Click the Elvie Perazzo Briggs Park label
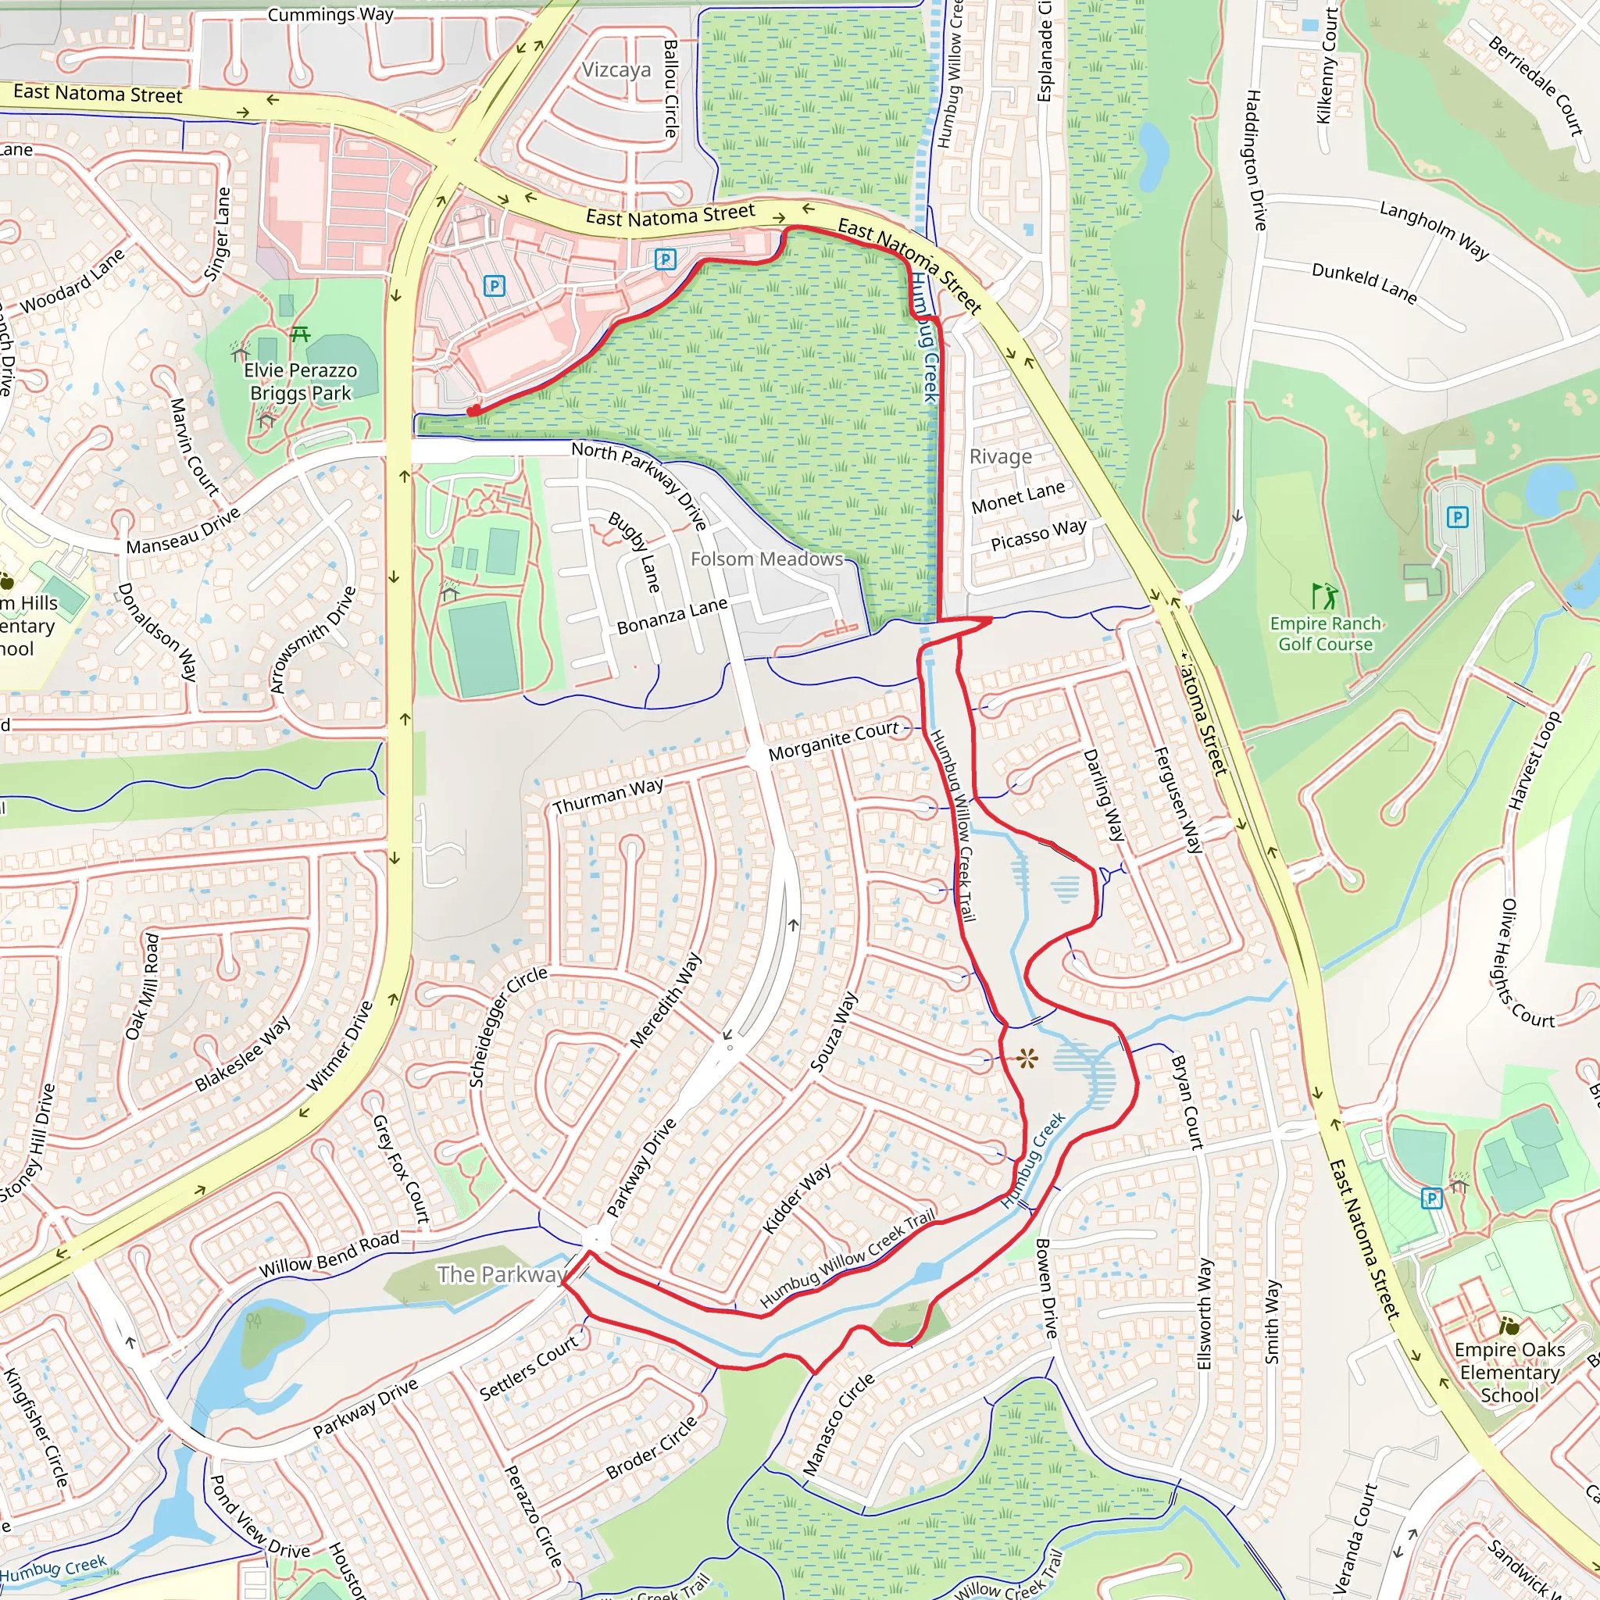[301, 382]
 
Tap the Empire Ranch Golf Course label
[1325, 634]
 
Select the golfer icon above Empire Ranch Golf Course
[1324, 596]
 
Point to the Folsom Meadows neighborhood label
[766, 559]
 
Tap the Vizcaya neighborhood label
[616, 70]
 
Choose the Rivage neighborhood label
[1001, 456]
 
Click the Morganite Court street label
[832, 741]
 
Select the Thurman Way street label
[607, 796]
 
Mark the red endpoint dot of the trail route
[472, 412]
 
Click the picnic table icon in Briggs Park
[300, 334]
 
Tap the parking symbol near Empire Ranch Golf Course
[1457, 518]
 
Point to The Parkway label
[502, 1273]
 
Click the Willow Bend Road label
[329, 1254]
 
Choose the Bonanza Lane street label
[672, 616]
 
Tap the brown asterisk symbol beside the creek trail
[1027, 1058]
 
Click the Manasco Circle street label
[838, 1423]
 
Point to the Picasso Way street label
[1037, 534]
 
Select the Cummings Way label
[330, 14]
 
